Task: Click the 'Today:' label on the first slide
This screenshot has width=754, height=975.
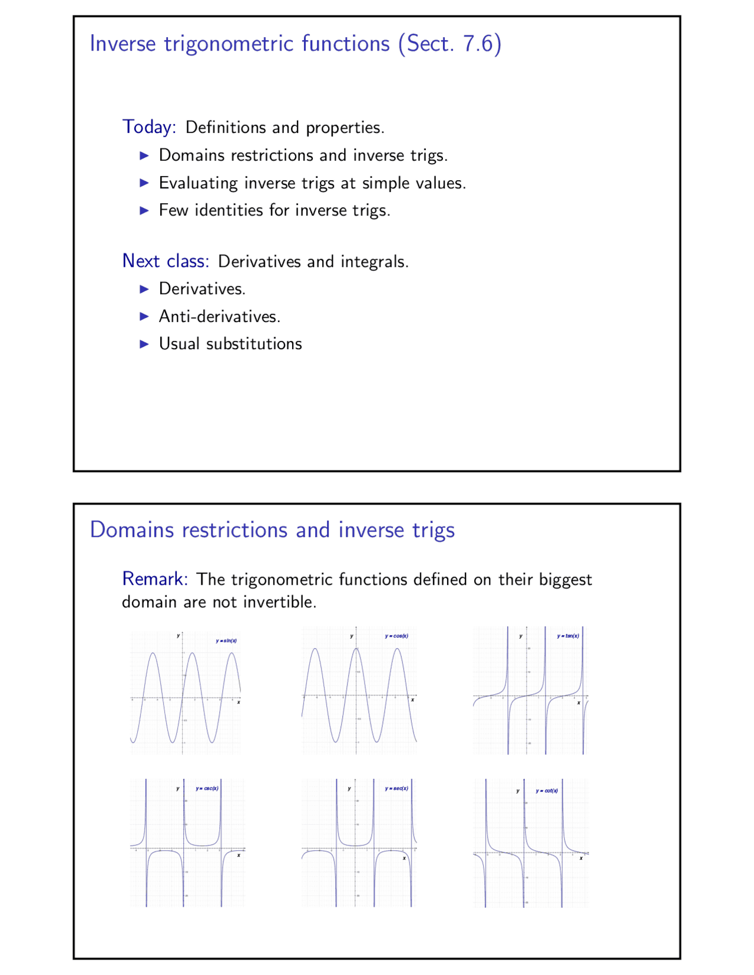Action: (x=149, y=127)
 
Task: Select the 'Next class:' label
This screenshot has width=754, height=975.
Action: (x=166, y=260)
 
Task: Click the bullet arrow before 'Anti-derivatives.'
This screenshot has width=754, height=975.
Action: (x=144, y=316)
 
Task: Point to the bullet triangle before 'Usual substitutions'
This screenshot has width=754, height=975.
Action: (x=144, y=344)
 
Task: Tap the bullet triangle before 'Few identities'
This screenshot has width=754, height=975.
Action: (x=144, y=210)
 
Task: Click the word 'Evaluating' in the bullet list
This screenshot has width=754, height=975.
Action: (x=198, y=183)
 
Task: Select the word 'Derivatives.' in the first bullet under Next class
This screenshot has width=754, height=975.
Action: (x=202, y=288)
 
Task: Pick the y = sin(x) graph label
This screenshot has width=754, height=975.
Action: (x=226, y=641)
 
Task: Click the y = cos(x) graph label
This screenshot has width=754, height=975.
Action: (x=396, y=636)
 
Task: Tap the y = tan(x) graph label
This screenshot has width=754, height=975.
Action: (x=568, y=636)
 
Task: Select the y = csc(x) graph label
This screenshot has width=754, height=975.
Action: (x=207, y=788)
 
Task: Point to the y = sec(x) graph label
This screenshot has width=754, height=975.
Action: (x=396, y=788)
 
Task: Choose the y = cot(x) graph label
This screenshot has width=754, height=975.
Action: (x=547, y=791)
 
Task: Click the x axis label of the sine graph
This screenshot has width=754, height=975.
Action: (x=239, y=702)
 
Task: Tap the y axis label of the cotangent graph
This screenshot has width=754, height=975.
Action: (x=518, y=791)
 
